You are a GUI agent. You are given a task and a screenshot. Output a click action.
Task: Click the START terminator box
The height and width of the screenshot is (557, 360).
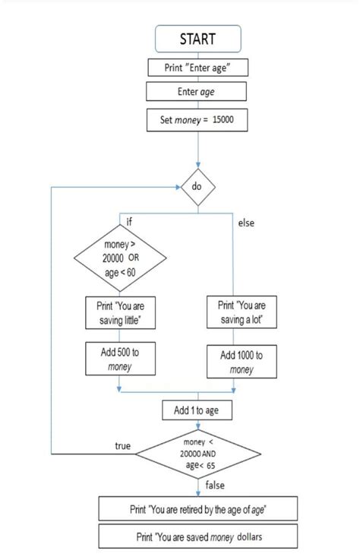click(197, 38)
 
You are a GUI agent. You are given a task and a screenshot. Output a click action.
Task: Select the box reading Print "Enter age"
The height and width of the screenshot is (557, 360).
click(197, 68)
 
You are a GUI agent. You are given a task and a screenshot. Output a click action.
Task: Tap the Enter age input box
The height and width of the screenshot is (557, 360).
click(197, 92)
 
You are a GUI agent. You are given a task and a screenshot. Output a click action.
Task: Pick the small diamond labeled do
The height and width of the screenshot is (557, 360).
click(197, 186)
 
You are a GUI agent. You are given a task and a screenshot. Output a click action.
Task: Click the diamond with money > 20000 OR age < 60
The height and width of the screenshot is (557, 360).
click(119, 263)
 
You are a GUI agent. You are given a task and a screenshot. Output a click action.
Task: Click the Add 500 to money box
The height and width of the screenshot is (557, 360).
click(119, 360)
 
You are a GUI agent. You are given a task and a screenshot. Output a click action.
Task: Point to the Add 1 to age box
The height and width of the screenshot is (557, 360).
click(197, 411)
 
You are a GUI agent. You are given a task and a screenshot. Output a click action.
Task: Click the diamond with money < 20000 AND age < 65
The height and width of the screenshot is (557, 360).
click(197, 454)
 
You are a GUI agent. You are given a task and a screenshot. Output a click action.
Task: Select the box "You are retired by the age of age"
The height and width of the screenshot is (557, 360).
click(197, 508)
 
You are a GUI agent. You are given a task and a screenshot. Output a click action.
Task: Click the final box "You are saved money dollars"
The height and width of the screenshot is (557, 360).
click(197, 536)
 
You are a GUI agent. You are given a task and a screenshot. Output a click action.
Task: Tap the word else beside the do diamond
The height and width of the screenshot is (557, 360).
click(247, 223)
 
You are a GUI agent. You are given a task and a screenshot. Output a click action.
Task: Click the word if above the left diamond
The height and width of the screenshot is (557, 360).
click(129, 221)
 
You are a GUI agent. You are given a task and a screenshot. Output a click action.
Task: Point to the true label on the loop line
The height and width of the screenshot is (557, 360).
click(122, 446)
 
